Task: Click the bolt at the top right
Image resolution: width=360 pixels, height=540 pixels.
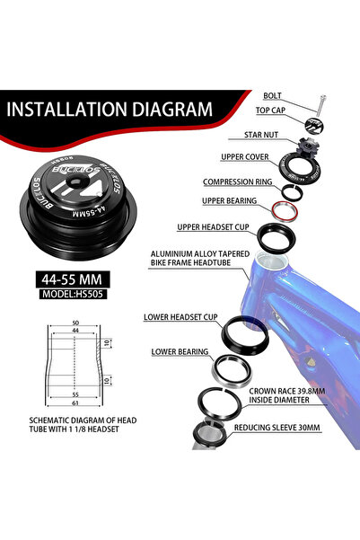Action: pos(321,105)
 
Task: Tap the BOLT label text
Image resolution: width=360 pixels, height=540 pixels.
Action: pos(272,96)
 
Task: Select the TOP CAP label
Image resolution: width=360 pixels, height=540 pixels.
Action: pos(270,111)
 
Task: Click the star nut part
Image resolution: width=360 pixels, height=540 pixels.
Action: pos(309,146)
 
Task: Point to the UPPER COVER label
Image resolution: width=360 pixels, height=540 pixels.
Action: pos(245,157)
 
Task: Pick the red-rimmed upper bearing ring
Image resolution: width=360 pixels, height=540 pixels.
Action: pos(285,211)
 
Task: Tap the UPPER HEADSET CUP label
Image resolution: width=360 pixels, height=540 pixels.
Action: pos(213,227)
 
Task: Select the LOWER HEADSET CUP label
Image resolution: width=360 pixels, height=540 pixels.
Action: pos(180,317)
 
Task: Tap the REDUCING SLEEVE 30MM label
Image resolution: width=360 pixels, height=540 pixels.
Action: pos(277,428)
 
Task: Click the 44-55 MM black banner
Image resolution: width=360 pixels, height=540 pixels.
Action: pos(73,279)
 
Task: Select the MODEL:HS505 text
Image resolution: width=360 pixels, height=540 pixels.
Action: pos(73,294)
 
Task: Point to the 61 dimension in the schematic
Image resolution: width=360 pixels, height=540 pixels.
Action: pos(75,403)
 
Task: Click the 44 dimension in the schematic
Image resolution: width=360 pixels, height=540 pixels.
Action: pos(75,331)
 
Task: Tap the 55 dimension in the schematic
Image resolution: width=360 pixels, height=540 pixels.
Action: pos(75,394)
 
